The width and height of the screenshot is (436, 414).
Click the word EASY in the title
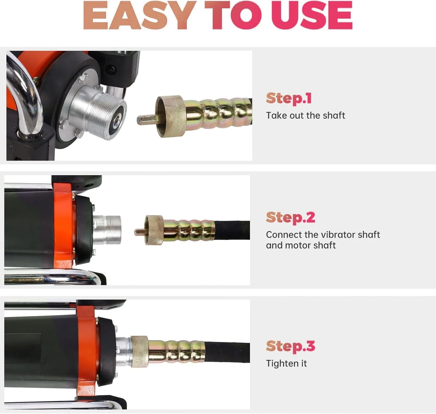(x=140, y=15)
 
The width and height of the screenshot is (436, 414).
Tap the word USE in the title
(x=312, y=15)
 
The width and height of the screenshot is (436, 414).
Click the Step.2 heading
(x=290, y=217)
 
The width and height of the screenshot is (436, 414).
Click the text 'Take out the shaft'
(x=305, y=116)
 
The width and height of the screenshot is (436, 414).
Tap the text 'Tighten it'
(x=286, y=363)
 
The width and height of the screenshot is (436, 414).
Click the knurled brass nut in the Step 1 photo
(x=170, y=116)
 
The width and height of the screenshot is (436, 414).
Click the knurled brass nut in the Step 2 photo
(x=154, y=230)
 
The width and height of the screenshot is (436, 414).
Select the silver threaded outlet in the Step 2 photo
(x=107, y=229)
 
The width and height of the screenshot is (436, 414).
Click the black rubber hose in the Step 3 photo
(x=227, y=352)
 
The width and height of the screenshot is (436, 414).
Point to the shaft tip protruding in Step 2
(x=139, y=232)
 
